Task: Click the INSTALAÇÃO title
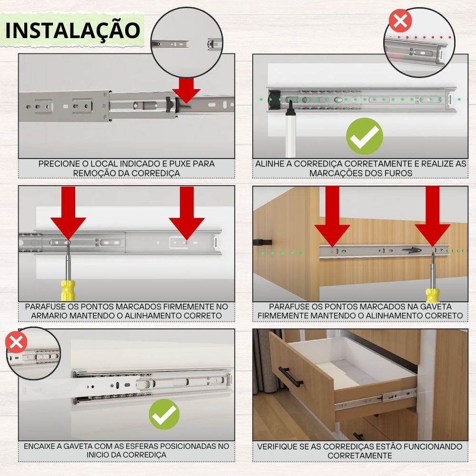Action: (x=73, y=30)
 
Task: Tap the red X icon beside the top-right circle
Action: (x=400, y=20)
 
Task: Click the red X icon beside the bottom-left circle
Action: (x=16, y=342)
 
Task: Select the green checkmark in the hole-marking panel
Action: (x=364, y=136)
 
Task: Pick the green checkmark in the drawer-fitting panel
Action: (x=164, y=414)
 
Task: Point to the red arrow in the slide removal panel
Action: (x=187, y=90)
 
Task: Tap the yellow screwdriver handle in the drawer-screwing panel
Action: (x=433, y=295)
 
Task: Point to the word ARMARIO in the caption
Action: (x=49, y=316)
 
